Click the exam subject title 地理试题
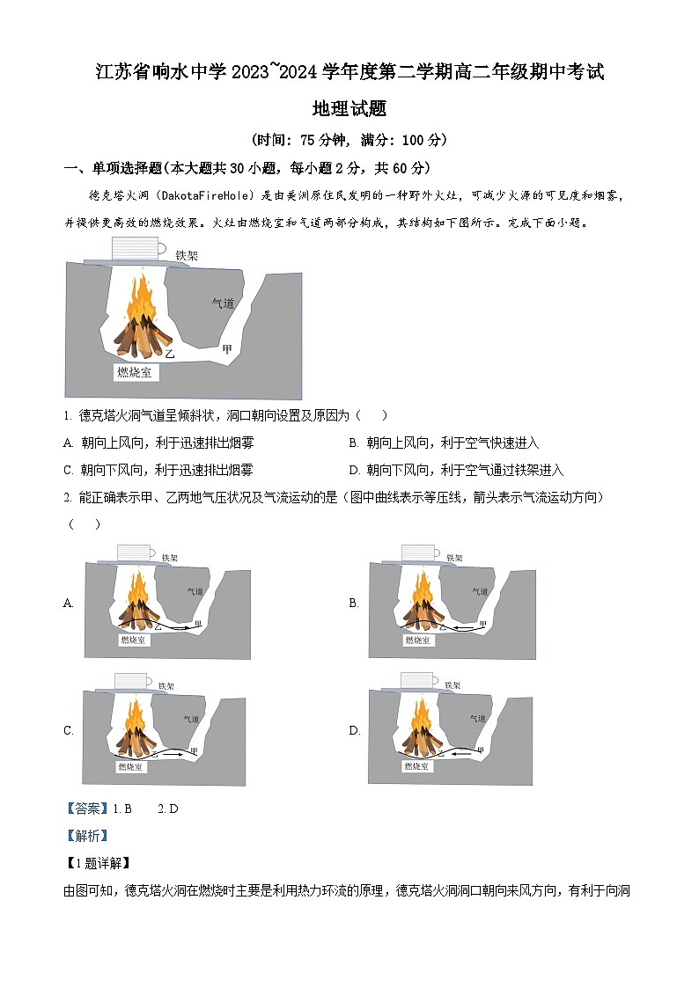click(349, 109)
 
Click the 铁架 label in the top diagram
click(187, 255)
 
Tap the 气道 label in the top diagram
click(223, 304)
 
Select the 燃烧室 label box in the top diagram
click(135, 372)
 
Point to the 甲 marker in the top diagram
click(227, 349)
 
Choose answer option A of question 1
click(159, 443)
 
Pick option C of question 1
click(159, 470)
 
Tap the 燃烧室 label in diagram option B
click(418, 640)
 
